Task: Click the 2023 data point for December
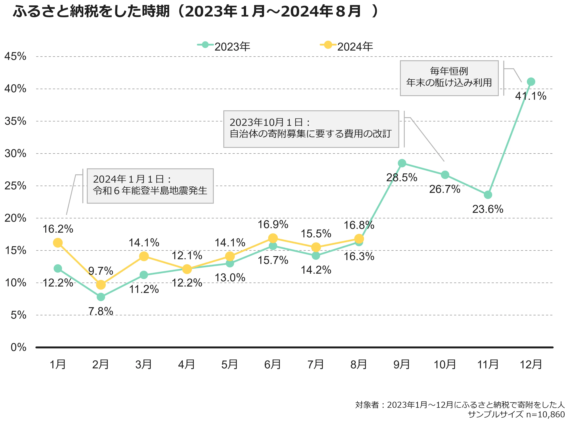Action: (531, 82)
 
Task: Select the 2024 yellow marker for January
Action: (58, 243)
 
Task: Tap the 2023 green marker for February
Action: (101, 297)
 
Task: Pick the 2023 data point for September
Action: (402, 163)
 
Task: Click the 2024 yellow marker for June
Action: (273, 238)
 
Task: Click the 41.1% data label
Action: (531, 96)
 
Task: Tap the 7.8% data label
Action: (101, 311)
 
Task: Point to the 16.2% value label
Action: (58, 229)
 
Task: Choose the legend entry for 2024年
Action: (347, 46)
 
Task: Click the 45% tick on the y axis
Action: (15, 56)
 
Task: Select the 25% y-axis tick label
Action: (15, 186)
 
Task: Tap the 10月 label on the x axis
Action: (445, 364)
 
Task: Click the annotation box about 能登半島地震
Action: (150, 186)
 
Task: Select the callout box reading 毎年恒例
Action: (449, 78)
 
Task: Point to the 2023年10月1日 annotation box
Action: (311, 129)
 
